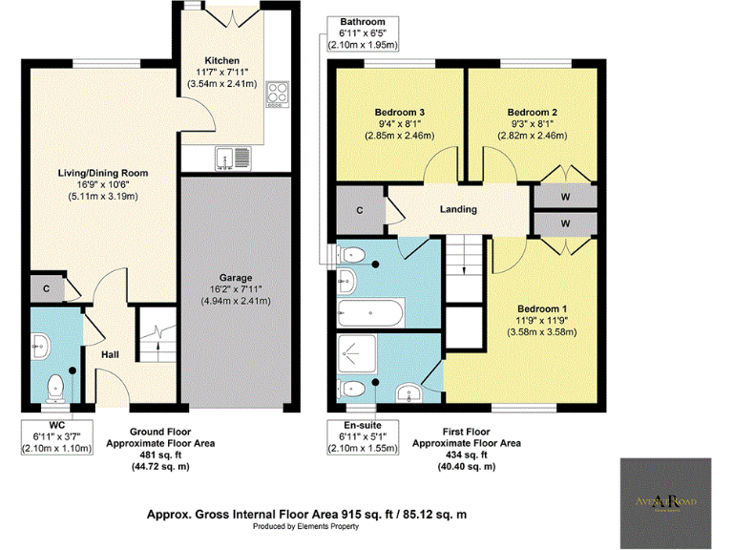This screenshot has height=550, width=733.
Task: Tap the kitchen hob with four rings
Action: click(x=278, y=94)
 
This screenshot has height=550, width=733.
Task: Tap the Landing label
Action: click(x=457, y=209)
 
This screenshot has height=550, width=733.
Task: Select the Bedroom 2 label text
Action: click(x=532, y=113)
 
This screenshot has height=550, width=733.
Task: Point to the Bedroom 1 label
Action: click(x=542, y=308)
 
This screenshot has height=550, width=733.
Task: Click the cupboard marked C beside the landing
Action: click(x=360, y=210)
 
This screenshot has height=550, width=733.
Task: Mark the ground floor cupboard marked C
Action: click(x=45, y=287)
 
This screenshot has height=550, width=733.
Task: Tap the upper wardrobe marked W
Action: click(x=565, y=197)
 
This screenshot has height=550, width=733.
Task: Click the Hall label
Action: click(x=113, y=354)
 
